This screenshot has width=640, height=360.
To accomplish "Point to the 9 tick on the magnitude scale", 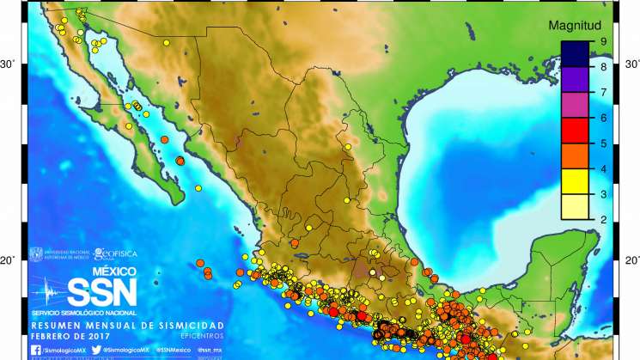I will coord(603,41).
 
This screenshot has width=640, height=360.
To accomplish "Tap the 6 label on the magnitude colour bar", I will coord(603,118).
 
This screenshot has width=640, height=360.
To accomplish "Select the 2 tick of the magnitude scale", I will coord(603,221).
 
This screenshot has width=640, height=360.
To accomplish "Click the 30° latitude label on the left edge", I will coord(8,64).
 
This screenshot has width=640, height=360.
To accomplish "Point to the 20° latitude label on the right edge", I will coord(631,260).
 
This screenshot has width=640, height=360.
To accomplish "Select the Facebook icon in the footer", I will coord(35,351).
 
